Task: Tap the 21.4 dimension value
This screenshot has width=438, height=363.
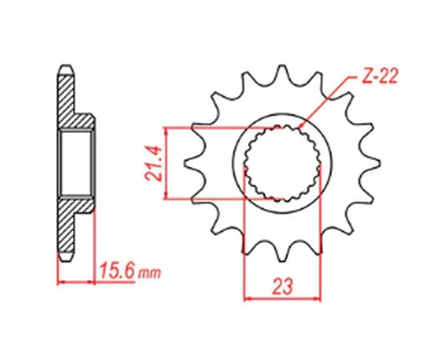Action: pyautogui.click(x=154, y=164)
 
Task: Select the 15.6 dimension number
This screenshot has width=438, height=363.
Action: pyautogui.click(x=117, y=270)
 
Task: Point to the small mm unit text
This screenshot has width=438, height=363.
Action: pyautogui.click(x=150, y=273)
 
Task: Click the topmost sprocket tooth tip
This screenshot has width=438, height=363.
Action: pyautogui.click(x=282, y=66)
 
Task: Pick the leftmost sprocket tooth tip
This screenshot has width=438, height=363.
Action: pyautogui.click(x=185, y=164)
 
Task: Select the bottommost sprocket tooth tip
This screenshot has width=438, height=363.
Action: pyautogui.click(x=282, y=261)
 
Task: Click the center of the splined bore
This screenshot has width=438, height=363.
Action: pyautogui.click(x=282, y=163)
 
